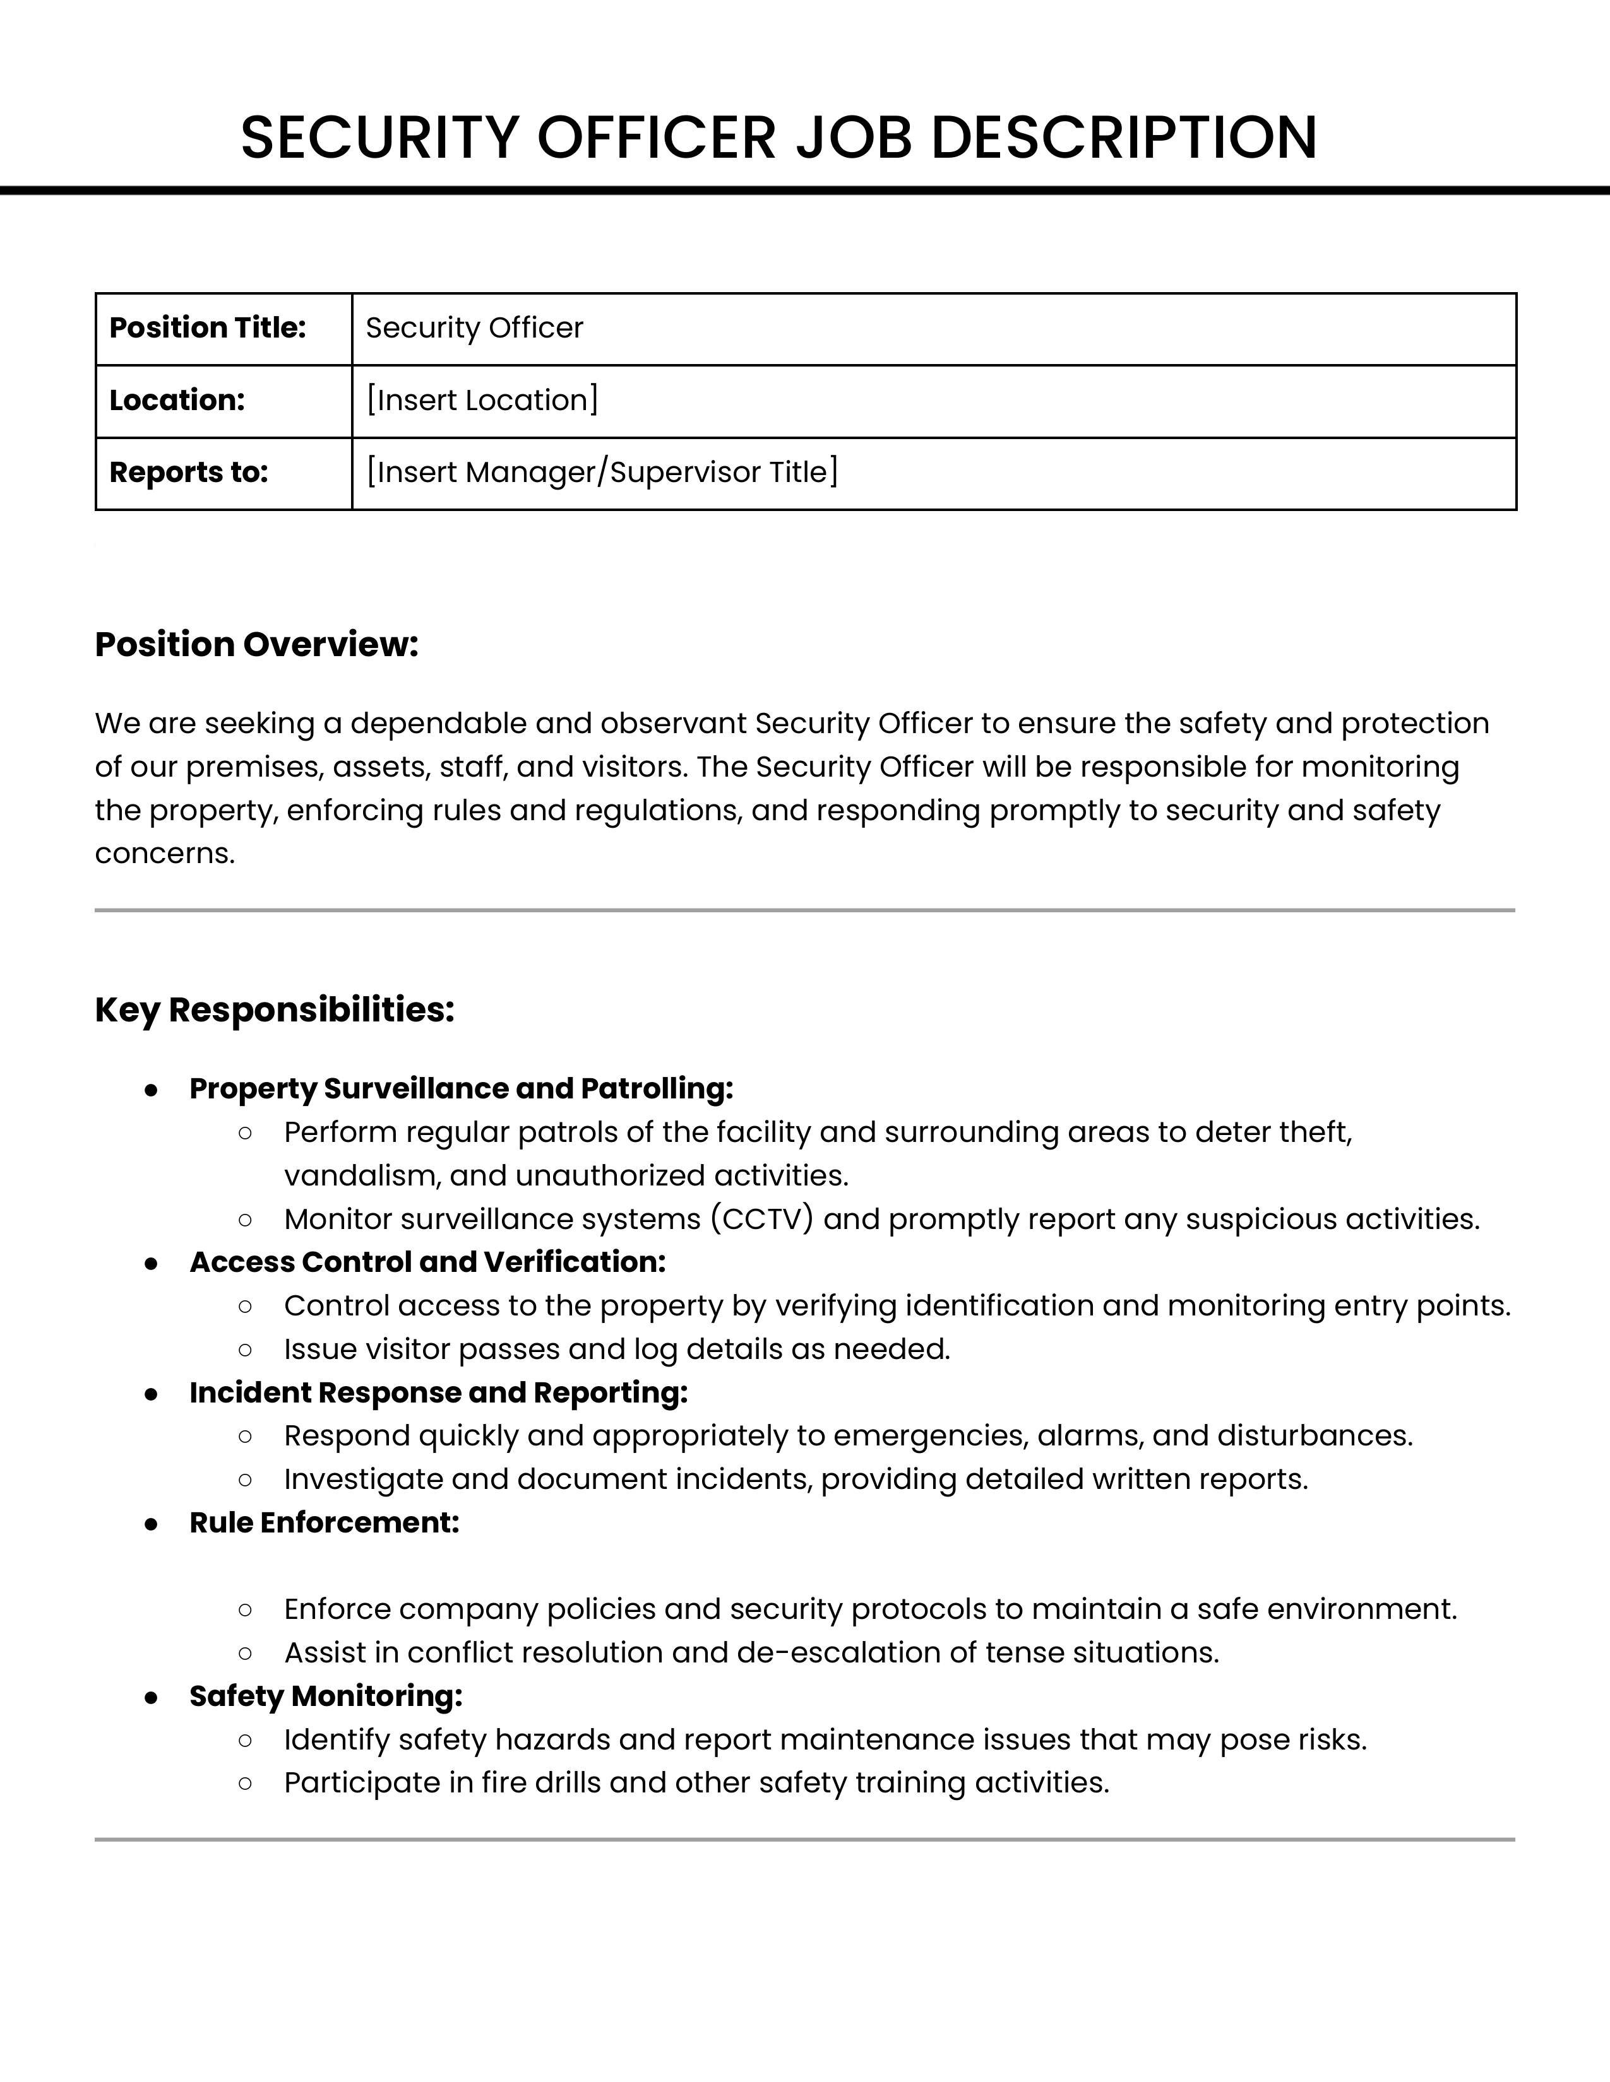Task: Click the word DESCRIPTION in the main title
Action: click(x=1124, y=138)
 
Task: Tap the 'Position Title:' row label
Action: click(x=207, y=328)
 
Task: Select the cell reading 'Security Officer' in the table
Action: click(x=474, y=328)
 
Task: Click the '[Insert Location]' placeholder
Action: click(x=482, y=401)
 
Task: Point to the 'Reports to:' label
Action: click(x=188, y=473)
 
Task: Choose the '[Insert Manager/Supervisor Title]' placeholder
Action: click(x=602, y=473)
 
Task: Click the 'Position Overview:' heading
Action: click(x=256, y=645)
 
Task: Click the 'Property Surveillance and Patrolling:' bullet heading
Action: click(x=461, y=1089)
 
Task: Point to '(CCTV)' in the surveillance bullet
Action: click(x=761, y=1220)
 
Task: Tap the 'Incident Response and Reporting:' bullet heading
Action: click(x=438, y=1393)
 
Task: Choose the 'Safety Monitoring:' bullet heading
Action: click(x=325, y=1696)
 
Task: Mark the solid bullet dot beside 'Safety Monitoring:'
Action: click(x=151, y=1697)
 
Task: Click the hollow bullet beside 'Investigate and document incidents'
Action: click(x=245, y=1481)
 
